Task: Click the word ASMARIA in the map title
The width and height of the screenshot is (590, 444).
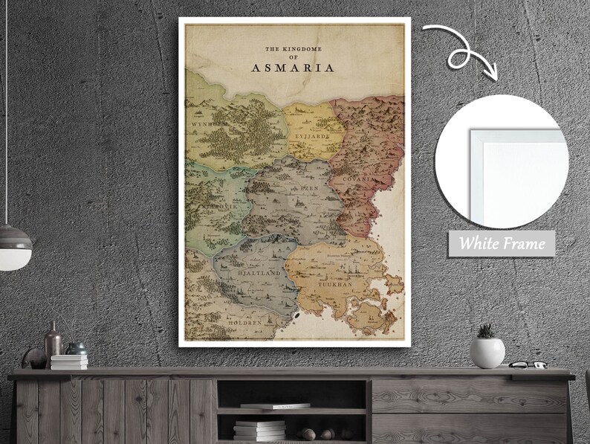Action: point(294,68)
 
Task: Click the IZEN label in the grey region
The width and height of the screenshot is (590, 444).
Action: point(308,190)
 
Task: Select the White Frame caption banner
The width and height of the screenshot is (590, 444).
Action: point(501,243)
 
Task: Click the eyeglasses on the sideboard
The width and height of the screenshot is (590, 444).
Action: point(529,364)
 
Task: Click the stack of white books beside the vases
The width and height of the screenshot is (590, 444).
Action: point(69,361)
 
